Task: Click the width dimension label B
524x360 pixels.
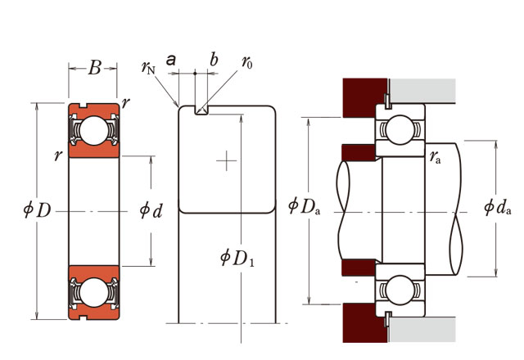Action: point(95,68)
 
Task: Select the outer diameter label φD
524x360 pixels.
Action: point(37,210)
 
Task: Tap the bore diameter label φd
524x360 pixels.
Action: point(151,210)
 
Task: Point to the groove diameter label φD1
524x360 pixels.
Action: point(237,258)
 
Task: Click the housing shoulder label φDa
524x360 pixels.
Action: point(304,206)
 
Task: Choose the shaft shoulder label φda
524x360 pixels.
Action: point(498,207)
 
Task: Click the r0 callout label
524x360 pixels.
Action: point(247,62)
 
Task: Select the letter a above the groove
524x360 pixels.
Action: point(171,60)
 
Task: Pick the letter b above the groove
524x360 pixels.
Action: point(214,60)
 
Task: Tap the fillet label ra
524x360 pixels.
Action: point(436,157)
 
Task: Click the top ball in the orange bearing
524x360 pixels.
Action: point(94,131)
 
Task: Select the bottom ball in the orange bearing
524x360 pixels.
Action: point(94,293)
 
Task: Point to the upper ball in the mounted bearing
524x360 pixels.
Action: point(400,130)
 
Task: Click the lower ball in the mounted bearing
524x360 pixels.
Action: point(400,290)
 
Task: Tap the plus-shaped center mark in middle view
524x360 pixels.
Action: point(227,160)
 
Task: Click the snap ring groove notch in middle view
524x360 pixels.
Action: point(201,110)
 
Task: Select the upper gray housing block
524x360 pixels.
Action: point(422,90)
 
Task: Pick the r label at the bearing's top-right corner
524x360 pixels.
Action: point(125,103)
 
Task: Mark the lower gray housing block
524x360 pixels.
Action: point(422,330)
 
